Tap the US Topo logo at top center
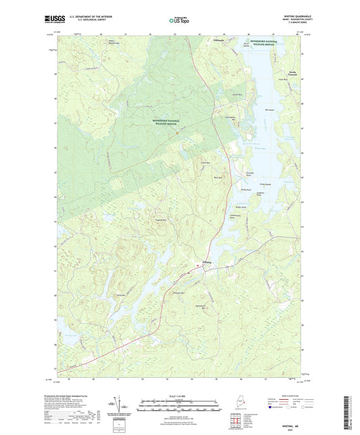coord(180,21)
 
